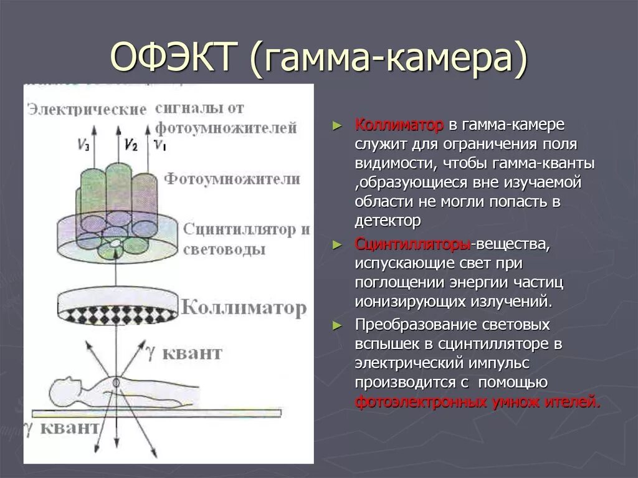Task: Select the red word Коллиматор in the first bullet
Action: [399, 125]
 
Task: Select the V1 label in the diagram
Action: [160, 147]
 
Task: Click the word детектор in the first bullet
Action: [388, 220]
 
